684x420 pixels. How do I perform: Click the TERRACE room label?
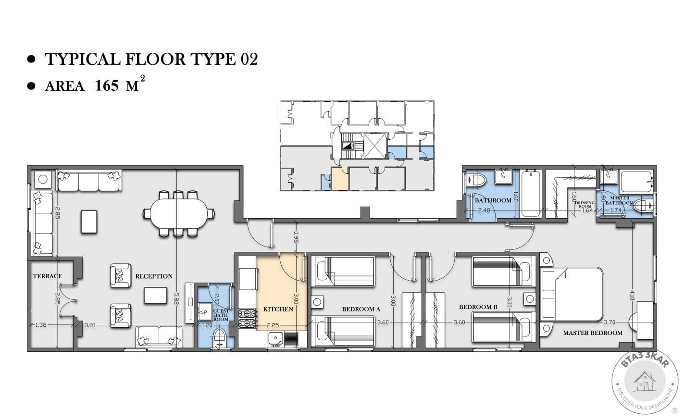pyautogui.click(x=47, y=276)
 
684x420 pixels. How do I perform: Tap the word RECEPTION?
pyautogui.click(x=154, y=276)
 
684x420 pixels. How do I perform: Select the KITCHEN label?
pyautogui.click(x=278, y=309)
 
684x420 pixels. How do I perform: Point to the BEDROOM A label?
pyautogui.click(x=361, y=309)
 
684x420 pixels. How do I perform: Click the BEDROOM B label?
pyautogui.click(x=478, y=307)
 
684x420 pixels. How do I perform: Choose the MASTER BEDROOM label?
pyautogui.click(x=593, y=333)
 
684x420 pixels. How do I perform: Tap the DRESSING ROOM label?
pyautogui.click(x=585, y=205)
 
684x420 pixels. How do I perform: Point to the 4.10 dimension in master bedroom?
pyautogui.click(x=632, y=295)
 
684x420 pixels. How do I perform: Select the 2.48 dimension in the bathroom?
pyautogui.click(x=485, y=210)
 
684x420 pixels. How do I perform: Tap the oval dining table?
pyautogui.click(x=179, y=214)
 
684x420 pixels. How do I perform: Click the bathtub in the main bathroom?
pyautogui.click(x=530, y=194)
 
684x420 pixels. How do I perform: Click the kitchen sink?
pyautogui.click(x=275, y=338)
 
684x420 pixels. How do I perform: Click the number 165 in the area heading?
pyautogui.click(x=107, y=86)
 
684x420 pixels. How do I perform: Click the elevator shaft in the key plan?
pyautogui.click(x=375, y=146)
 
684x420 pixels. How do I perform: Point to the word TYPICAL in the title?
pyautogui.click(x=83, y=59)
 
